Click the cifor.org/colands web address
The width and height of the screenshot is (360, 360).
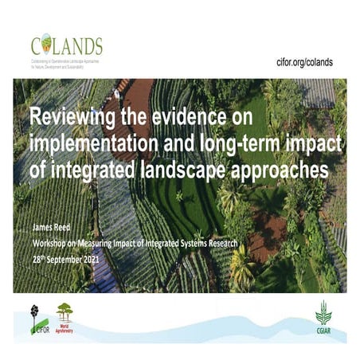pos(304,62)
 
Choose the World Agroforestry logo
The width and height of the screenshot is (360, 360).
pos(64,317)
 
